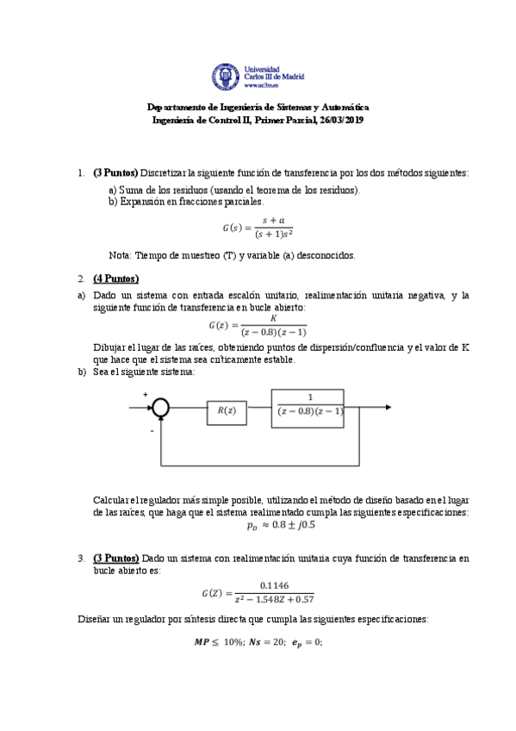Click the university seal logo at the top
tap(227, 77)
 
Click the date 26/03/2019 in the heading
tap(342, 120)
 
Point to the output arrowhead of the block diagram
tap(389, 407)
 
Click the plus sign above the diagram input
tap(145, 396)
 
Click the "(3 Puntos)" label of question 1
tap(115, 172)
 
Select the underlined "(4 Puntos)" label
tap(115, 278)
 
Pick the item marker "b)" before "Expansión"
tap(113, 202)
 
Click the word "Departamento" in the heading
tap(172, 107)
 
